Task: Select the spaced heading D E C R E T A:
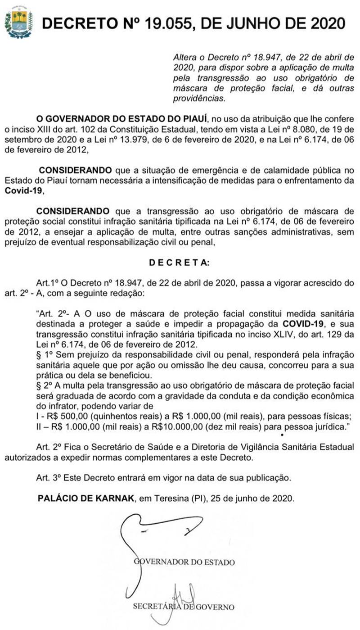tap(179, 263)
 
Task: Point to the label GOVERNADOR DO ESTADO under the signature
tap(184, 562)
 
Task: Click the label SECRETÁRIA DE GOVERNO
tap(183, 607)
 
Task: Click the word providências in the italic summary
tap(199, 97)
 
